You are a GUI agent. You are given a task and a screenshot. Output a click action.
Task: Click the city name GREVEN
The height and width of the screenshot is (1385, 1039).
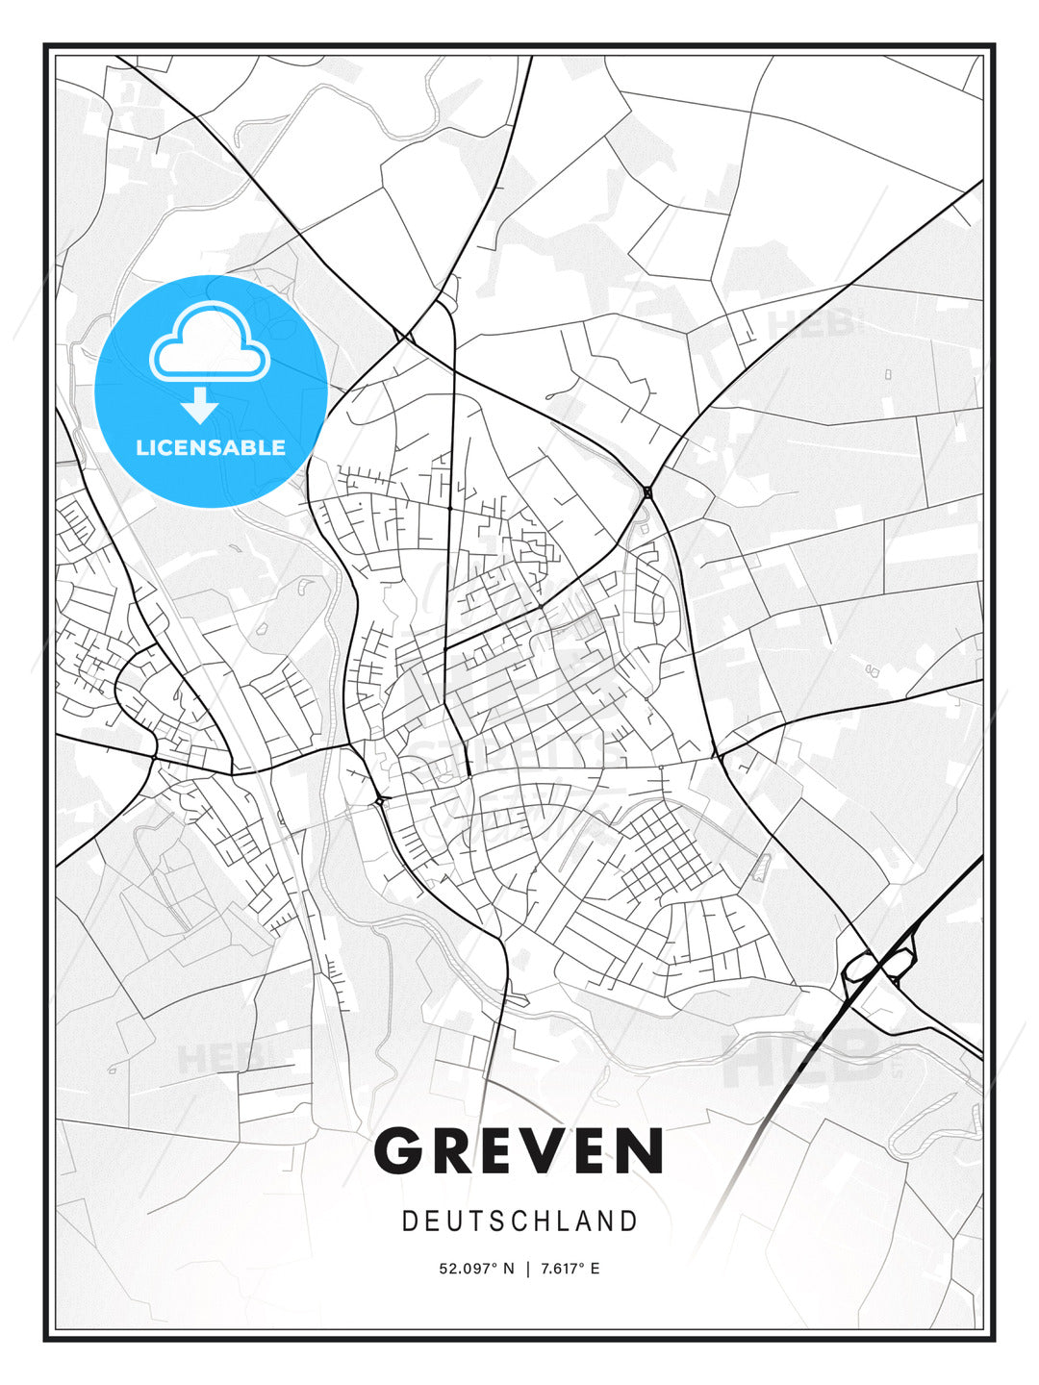[x=519, y=1150]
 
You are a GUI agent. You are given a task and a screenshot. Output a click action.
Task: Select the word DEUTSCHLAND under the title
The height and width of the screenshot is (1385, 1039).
[x=519, y=1221]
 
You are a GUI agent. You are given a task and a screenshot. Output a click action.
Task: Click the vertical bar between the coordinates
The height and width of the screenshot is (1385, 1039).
[x=527, y=1269]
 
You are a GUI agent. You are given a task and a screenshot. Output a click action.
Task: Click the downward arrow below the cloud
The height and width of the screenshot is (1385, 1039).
[x=200, y=407]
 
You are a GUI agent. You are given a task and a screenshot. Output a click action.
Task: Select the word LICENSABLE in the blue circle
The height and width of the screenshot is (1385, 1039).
[x=211, y=447]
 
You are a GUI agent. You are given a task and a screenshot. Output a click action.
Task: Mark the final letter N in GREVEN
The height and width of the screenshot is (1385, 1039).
[x=637, y=1150]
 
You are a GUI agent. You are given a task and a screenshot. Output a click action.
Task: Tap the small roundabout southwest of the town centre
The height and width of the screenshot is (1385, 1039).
[x=380, y=799]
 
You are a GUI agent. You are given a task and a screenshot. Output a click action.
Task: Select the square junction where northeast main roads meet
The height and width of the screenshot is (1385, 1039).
[x=647, y=492]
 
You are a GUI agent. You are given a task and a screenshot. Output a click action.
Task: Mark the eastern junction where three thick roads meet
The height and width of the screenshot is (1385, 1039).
[x=716, y=756]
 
